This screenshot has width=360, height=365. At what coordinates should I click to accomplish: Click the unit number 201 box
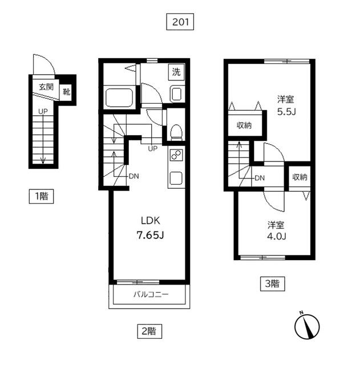[180, 22]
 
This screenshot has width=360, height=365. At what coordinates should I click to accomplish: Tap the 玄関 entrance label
[46, 87]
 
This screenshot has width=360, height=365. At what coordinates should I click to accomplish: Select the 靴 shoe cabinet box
[66, 92]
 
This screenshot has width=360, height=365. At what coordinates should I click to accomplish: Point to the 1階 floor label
[41, 196]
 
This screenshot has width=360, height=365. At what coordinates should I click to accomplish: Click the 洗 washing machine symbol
[176, 72]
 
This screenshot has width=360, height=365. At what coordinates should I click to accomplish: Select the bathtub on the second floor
[119, 98]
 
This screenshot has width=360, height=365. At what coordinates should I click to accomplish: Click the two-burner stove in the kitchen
[176, 155]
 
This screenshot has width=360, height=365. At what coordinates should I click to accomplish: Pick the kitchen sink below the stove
[176, 178]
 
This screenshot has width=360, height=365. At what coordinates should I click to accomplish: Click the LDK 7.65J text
[151, 228]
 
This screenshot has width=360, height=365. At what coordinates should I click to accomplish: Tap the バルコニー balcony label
[151, 295]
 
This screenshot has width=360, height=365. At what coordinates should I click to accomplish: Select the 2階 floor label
[149, 331]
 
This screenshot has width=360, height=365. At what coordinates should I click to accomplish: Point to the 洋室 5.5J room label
[286, 106]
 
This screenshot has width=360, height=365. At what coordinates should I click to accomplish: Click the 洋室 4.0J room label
[276, 230]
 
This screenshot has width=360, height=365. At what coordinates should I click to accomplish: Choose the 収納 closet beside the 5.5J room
[244, 125]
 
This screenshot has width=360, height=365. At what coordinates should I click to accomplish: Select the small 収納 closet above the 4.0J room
[300, 177]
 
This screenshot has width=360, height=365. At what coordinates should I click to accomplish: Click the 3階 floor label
[273, 284]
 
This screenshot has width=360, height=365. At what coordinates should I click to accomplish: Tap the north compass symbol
[307, 326]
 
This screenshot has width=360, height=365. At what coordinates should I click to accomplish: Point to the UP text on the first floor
[43, 112]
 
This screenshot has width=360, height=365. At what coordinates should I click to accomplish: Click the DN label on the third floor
[260, 178]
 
